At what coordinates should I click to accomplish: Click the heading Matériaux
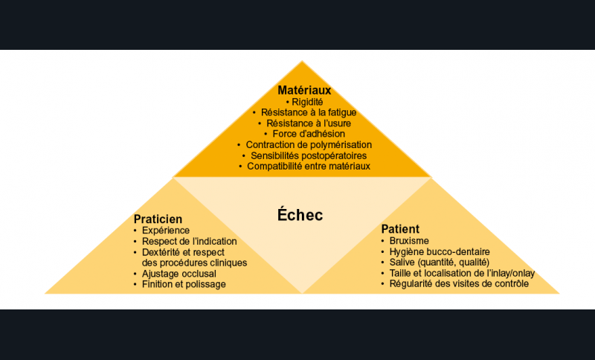click(304, 90)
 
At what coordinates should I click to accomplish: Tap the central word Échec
click(300, 215)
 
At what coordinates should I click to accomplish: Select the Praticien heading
click(158, 219)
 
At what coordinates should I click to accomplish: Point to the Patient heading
click(400, 229)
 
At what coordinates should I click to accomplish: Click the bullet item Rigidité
click(307, 102)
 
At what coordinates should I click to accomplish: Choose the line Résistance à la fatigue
click(309, 112)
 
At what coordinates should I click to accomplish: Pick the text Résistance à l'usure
click(309, 123)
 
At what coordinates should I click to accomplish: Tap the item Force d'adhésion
click(309, 134)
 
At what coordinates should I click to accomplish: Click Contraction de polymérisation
click(309, 145)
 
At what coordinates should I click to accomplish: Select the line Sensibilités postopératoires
click(309, 155)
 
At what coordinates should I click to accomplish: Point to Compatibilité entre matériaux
click(309, 166)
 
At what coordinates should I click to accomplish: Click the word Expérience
click(166, 231)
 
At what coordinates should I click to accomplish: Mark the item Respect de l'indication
click(190, 241)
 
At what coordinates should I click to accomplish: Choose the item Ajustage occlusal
click(179, 274)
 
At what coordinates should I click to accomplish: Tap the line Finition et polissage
click(184, 285)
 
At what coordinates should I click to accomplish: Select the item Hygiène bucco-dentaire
click(440, 252)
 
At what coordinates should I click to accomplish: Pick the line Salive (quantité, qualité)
click(440, 263)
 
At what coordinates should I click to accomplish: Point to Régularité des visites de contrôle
click(459, 284)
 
